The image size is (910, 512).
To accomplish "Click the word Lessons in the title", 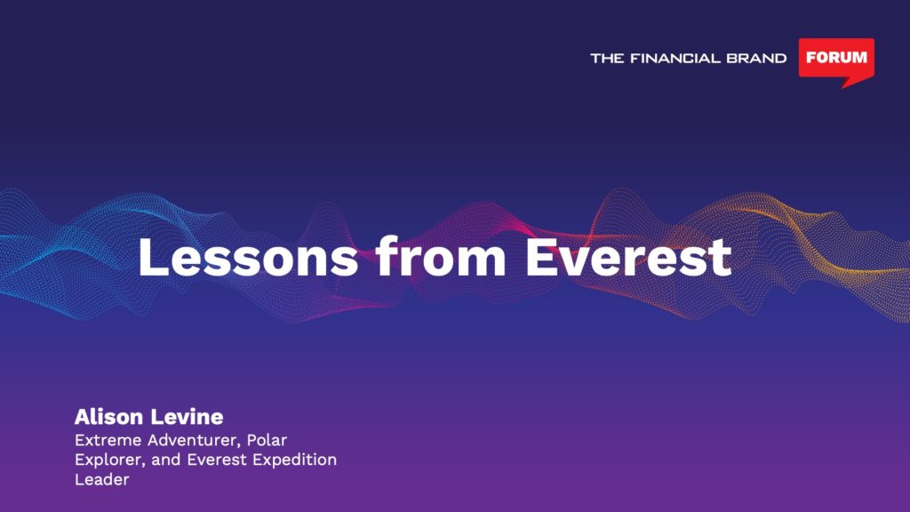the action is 248,257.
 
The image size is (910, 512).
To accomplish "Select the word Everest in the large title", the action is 628,257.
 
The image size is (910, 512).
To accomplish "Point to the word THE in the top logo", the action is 607,58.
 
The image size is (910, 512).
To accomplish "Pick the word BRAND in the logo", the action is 756,58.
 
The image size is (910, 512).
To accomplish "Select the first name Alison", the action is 108,416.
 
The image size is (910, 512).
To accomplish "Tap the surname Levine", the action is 187,416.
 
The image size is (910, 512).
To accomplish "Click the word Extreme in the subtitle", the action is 108,440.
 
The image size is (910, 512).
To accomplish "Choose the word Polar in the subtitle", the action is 267,440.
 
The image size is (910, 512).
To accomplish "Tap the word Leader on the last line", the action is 101,479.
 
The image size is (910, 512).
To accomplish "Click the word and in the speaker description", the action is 166,460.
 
